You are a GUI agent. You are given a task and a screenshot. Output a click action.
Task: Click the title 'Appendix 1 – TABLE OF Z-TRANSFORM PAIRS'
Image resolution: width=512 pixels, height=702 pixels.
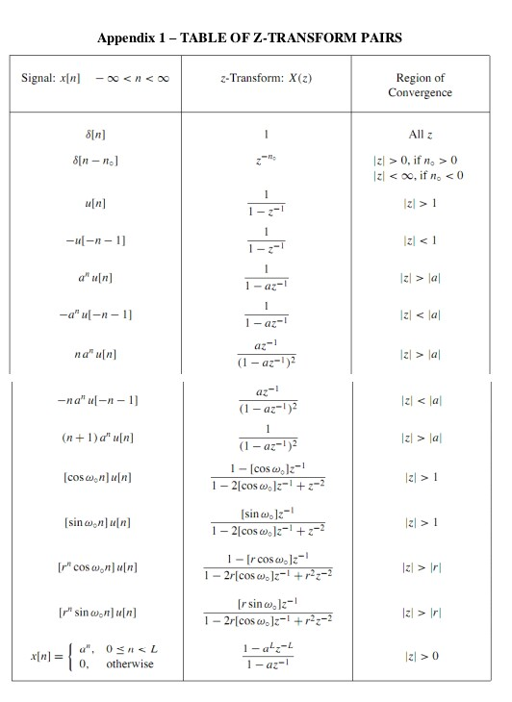pyautogui.click(x=256, y=38)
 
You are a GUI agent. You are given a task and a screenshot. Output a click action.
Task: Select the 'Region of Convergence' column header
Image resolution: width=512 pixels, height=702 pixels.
pyautogui.click(x=420, y=86)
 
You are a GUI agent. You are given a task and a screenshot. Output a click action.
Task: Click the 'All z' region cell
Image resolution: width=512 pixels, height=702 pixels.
pyautogui.click(x=420, y=134)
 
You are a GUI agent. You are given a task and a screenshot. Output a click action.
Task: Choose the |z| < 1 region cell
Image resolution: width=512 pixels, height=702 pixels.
pyautogui.click(x=420, y=240)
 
